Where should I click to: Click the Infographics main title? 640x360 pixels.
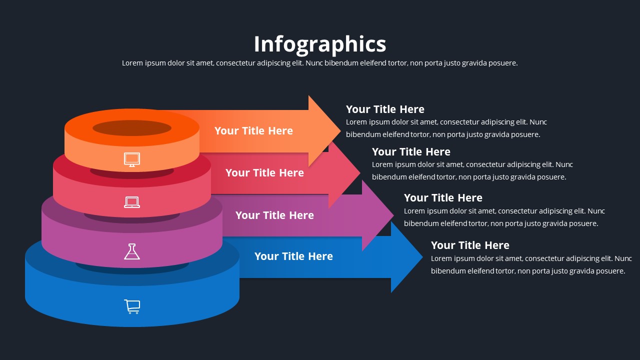coord(320,44)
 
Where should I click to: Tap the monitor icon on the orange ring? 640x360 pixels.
coord(132,159)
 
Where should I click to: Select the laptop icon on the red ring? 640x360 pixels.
coord(132,202)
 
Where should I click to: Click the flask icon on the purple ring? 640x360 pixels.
coord(132,251)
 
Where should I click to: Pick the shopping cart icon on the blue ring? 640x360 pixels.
coord(132,306)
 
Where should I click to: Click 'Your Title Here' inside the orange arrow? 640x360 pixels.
coord(253,131)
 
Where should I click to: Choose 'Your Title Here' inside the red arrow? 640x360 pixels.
coord(264,173)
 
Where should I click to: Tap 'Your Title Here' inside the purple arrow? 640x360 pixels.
coord(274,215)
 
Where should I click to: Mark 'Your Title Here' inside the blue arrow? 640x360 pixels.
coord(293,256)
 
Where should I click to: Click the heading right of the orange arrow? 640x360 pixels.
coord(385,109)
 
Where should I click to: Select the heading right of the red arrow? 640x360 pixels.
coord(411,152)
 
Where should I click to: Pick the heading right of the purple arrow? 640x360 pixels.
coord(443,198)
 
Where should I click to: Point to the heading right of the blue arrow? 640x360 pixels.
coord(470,245)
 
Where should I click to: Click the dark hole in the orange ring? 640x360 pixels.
coord(132,128)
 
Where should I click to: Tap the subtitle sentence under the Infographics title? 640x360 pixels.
coord(320,63)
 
